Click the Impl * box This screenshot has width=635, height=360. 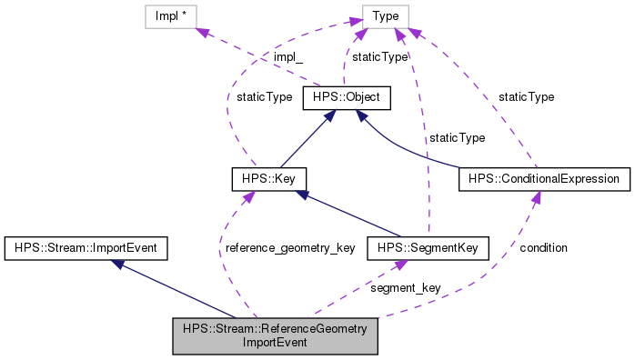[x=172, y=15]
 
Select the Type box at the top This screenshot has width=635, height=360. [x=384, y=15]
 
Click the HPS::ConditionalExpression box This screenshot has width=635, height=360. [x=544, y=178]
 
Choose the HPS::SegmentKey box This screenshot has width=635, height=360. [x=427, y=246]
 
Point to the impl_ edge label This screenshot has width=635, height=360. [x=288, y=57]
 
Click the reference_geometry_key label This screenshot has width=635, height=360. [x=289, y=248]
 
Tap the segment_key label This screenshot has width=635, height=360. [x=405, y=287]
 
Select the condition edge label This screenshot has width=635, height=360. [x=543, y=248]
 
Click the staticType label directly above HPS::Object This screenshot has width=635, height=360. [x=379, y=57]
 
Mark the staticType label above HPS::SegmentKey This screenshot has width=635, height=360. [x=457, y=137]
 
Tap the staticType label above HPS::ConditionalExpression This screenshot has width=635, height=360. [x=525, y=96]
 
